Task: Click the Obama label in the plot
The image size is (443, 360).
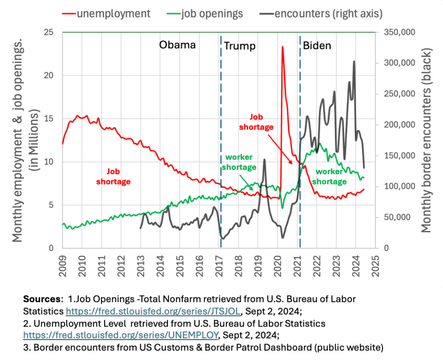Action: point(177,45)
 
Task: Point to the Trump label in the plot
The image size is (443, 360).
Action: point(240,46)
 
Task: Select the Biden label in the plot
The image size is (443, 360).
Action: point(317,45)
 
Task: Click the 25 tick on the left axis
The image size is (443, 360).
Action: point(53,33)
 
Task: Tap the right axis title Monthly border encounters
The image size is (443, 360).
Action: point(427,141)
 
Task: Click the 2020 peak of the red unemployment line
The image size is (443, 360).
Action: point(283,47)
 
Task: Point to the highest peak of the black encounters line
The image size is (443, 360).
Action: point(354,61)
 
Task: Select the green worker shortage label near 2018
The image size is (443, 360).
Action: point(239,163)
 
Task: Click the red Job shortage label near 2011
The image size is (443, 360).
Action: point(112,176)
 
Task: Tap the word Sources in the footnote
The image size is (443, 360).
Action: point(41,298)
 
